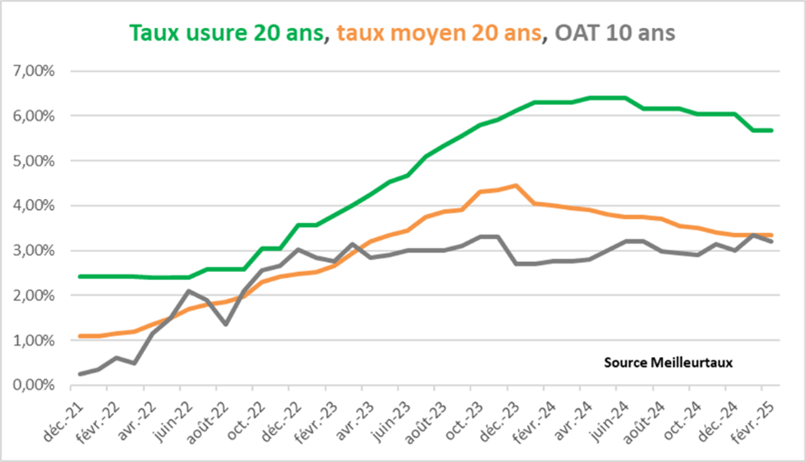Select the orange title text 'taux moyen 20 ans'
click(441, 33)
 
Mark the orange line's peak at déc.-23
click(514, 185)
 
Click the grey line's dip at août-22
click(227, 324)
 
